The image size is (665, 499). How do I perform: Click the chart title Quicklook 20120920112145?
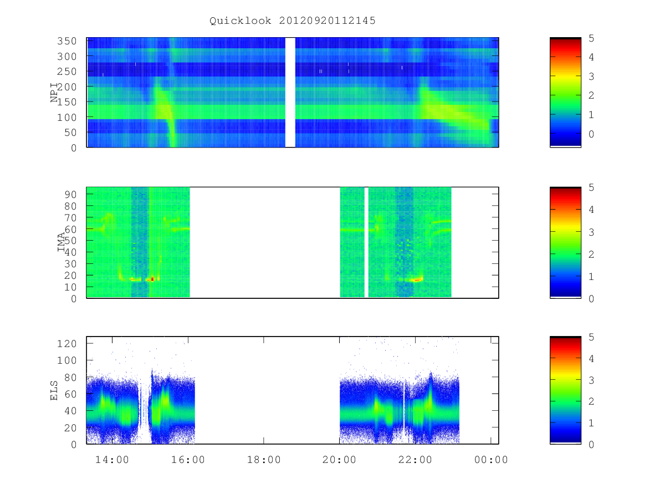[x=293, y=21]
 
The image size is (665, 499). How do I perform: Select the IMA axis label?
[x=61, y=242]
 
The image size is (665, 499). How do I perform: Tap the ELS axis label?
[x=54, y=390]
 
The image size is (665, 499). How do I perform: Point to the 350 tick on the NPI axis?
[x=66, y=41]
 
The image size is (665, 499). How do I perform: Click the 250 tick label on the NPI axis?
[x=66, y=72]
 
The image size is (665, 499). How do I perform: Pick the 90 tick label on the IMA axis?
[x=70, y=195]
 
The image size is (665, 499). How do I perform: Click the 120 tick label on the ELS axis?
[x=66, y=344]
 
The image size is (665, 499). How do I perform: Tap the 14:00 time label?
[x=112, y=460]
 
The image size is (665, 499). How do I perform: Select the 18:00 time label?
[x=264, y=460]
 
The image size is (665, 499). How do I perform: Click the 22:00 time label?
[x=415, y=460]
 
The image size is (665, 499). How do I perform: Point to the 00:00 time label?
[x=491, y=460]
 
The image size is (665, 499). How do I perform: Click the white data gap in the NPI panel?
[x=290, y=93]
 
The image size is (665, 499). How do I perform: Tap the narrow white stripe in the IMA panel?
[x=366, y=242]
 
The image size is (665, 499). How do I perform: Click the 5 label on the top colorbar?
[x=591, y=38]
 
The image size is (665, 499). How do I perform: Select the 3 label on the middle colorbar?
[x=591, y=232]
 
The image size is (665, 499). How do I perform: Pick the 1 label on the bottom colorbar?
[x=591, y=423]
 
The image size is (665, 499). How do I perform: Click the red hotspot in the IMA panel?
[x=152, y=279]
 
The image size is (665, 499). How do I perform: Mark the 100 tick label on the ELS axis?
[x=66, y=360]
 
